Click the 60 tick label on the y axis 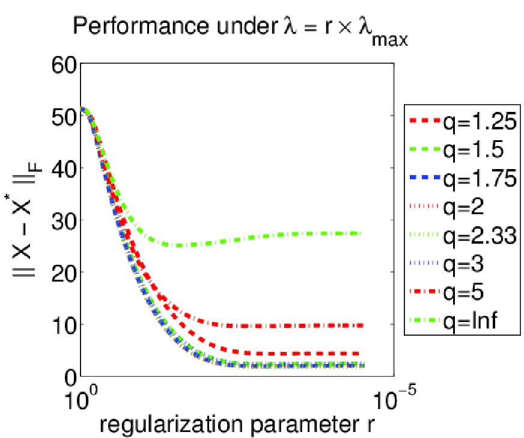pyautogui.click(x=64, y=65)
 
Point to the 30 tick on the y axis pyautogui.click(x=64, y=221)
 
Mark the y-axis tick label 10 pyautogui.click(x=64, y=325)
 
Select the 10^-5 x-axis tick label pyautogui.click(x=394, y=398)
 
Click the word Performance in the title pyautogui.click(x=142, y=25)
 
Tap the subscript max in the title pyautogui.click(x=389, y=40)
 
